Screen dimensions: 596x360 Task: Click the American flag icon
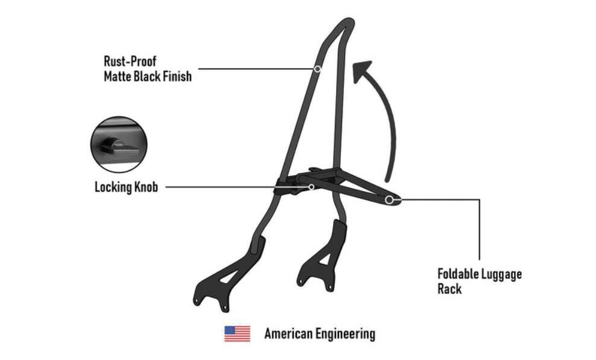point(237,334)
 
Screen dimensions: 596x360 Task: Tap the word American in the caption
point(288,334)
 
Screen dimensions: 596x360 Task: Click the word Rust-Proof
point(130,61)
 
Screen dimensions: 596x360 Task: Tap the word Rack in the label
point(449,288)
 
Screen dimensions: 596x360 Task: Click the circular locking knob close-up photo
point(119,145)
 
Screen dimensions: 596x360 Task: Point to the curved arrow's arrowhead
point(361,71)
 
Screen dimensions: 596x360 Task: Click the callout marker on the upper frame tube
point(317,69)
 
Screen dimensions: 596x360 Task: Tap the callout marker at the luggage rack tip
point(389,200)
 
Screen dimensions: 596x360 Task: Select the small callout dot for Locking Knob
point(311,187)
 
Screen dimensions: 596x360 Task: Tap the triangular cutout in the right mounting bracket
point(325,259)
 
